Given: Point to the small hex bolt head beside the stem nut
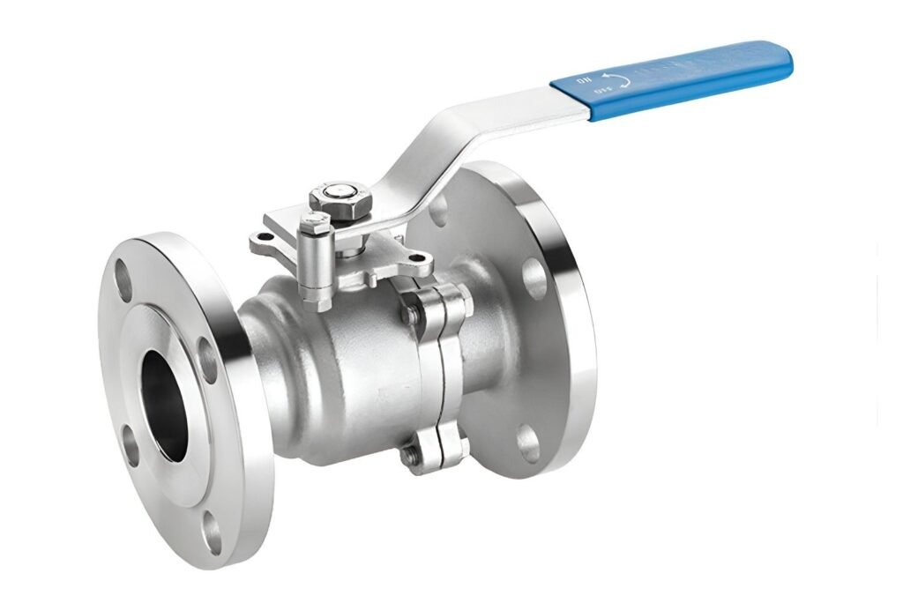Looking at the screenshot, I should pos(314,224).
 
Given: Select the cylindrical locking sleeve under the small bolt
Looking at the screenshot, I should pos(316,264).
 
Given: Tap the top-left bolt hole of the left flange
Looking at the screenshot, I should pos(123,282).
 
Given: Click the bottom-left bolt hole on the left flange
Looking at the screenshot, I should pos(131,450).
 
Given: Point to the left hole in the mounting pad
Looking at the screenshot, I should pos(257,238).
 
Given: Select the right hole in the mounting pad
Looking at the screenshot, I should pos(420,258).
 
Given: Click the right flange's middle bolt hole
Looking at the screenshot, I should pos(534,277).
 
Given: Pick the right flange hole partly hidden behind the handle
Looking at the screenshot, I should pos(437,210).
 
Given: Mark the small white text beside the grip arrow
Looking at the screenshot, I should pos(585,82).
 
